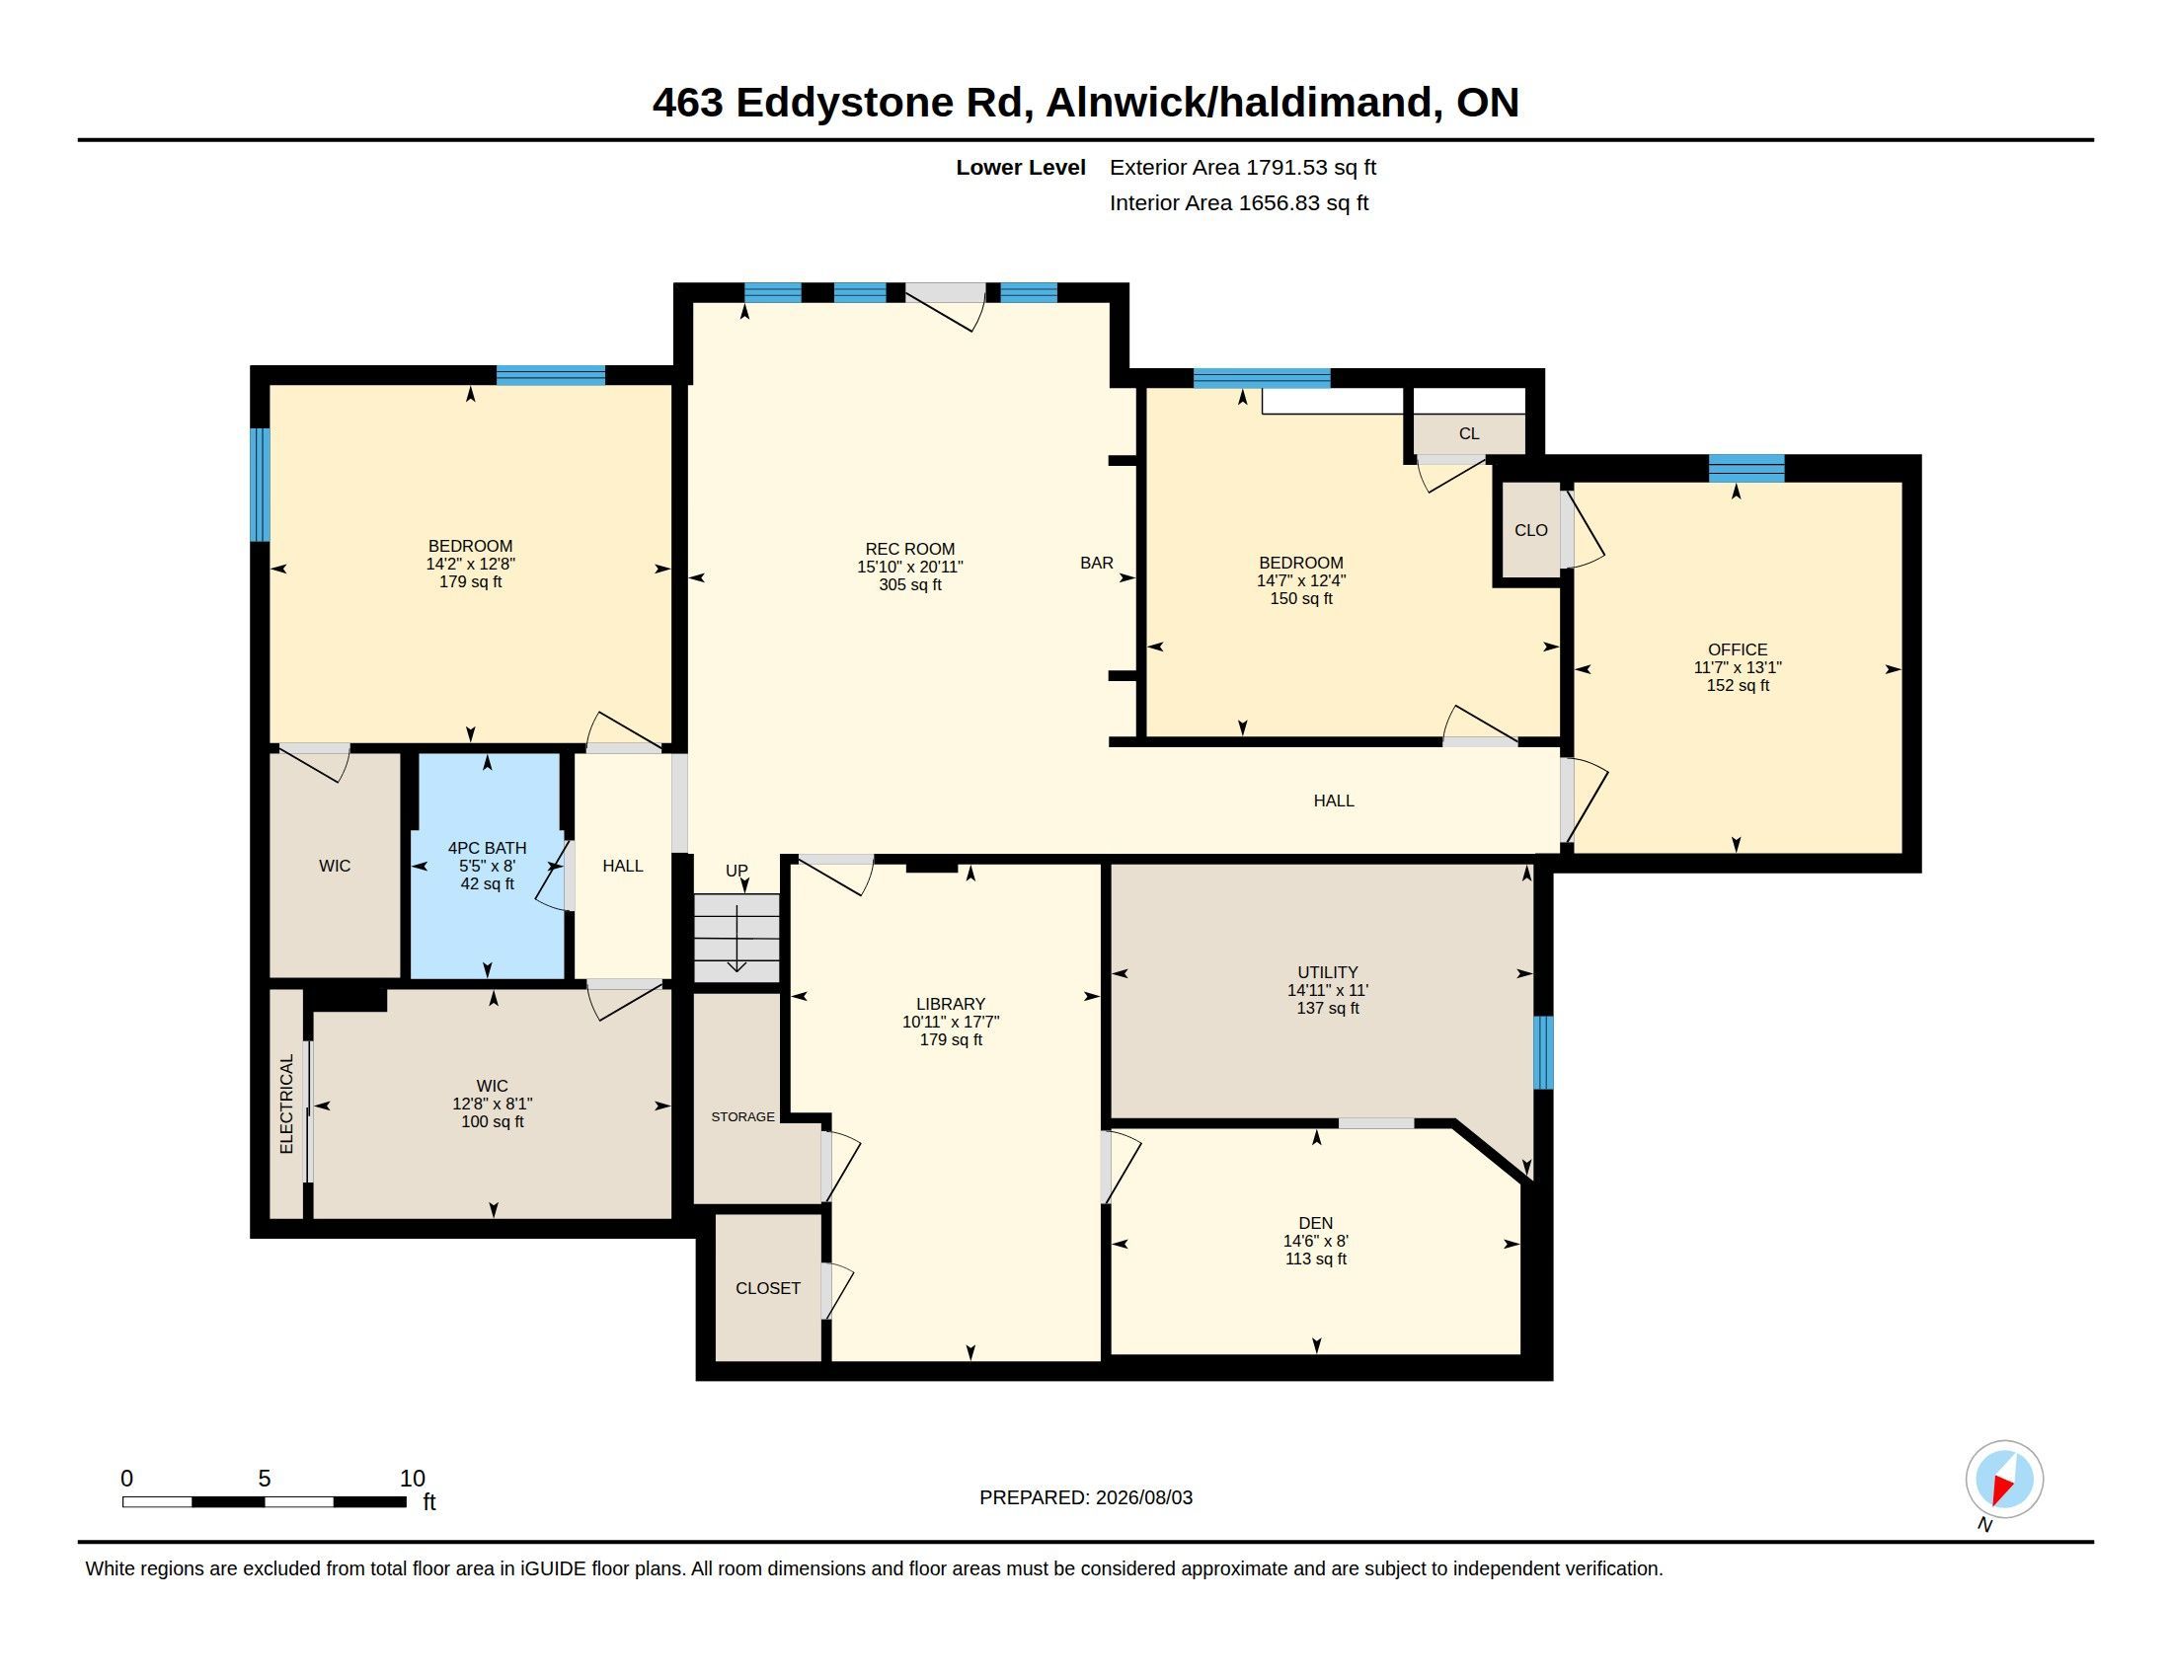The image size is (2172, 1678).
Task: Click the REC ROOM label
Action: click(909, 549)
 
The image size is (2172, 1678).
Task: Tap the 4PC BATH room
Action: click(487, 866)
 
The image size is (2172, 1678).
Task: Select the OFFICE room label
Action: click(1738, 649)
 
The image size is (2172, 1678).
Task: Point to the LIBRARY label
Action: click(950, 1004)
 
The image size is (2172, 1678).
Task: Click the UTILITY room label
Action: click(1327, 972)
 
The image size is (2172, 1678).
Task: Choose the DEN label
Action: click(1315, 1223)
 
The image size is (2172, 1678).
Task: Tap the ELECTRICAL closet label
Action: click(286, 1104)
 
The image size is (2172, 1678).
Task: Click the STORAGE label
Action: click(741, 1116)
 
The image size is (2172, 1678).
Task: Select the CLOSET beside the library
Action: click(768, 1287)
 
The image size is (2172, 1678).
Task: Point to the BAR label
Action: click(1096, 563)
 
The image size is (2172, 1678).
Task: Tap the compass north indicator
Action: click(2004, 1480)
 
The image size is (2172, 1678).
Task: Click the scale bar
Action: click(264, 1501)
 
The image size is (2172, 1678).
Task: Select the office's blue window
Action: click(1745, 468)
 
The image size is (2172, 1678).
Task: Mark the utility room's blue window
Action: click(1542, 1052)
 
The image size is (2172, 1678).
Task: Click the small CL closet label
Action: click(1469, 433)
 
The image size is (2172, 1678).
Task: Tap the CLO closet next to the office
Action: click(1530, 530)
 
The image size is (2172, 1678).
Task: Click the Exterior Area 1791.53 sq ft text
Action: click(1242, 167)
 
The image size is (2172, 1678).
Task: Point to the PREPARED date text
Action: click(1085, 1497)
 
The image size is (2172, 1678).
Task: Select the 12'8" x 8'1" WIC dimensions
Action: click(492, 1104)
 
